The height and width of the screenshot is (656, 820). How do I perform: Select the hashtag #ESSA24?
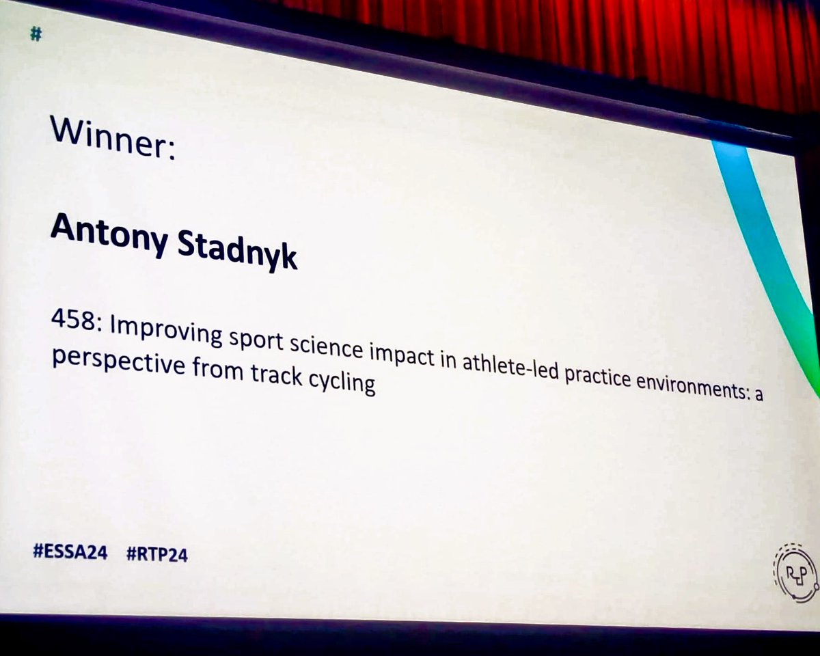coord(70,553)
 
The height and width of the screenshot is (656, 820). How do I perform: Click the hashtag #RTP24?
coord(156,555)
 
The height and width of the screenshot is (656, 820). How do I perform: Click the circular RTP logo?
coord(795,577)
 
